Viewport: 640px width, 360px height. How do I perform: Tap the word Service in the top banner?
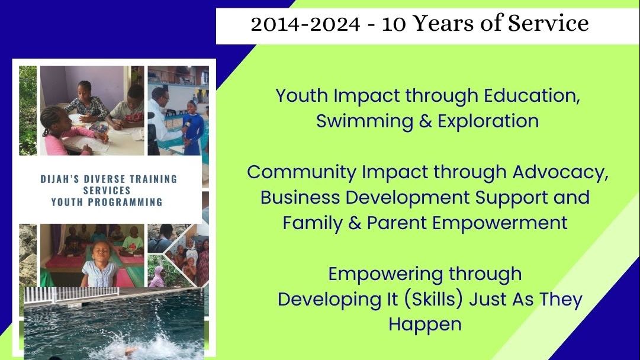pyautogui.click(x=548, y=23)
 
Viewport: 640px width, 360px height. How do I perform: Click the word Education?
pyautogui.click(x=532, y=95)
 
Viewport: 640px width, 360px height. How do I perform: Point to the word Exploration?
pyautogui.click(x=488, y=121)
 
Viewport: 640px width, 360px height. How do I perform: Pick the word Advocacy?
pyautogui.click(x=561, y=173)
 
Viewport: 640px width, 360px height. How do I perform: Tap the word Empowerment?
pyautogui.click(x=500, y=224)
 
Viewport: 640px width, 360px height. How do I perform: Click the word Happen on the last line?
pyautogui.click(x=425, y=325)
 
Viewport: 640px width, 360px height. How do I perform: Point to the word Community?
pyautogui.click(x=301, y=173)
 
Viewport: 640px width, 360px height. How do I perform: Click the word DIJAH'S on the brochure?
pyautogui.click(x=60, y=179)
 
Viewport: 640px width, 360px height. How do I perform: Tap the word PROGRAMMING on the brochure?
pyautogui.click(x=126, y=202)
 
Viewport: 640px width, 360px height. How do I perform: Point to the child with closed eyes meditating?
pyautogui.click(x=99, y=263)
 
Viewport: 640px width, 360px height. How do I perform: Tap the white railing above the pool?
pyautogui.click(x=72, y=295)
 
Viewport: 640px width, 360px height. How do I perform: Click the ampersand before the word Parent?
pyautogui.click(x=354, y=224)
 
